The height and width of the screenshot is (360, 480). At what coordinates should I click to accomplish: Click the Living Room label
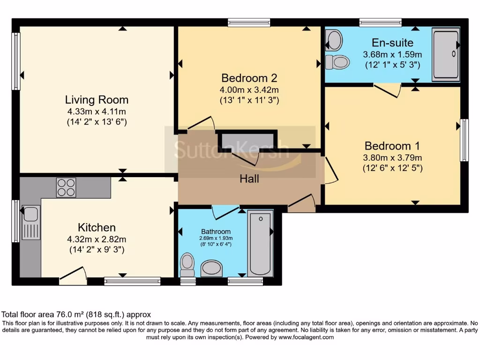[x=97, y=100]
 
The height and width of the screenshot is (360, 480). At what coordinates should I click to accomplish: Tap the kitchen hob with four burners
[x=66, y=187]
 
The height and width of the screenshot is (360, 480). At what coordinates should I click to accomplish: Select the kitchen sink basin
[x=30, y=213]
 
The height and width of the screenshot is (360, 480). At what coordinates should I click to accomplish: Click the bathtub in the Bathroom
[x=260, y=243]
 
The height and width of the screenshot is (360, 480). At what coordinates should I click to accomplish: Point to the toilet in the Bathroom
[x=187, y=265]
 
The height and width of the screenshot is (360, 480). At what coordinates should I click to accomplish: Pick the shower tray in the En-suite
[x=446, y=55]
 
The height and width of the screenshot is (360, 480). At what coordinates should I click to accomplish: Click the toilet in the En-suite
[x=337, y=62]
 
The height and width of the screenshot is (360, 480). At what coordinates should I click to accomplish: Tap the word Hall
[x=249, y=179]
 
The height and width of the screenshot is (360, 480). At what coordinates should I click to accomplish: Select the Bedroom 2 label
[x=249, y=78]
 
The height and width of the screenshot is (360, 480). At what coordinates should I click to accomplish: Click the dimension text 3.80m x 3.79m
[x=392, y=157]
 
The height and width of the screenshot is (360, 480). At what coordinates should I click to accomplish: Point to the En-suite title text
[x=392, y=43]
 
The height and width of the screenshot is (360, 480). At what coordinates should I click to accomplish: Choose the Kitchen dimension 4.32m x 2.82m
[x=97, y=239]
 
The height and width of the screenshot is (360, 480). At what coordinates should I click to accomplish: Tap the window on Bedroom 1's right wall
[x=465, y=140]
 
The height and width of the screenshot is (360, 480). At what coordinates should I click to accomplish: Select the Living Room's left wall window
[x=15, y=61]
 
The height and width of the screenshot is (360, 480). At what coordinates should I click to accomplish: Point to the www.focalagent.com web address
[x=306, y=337]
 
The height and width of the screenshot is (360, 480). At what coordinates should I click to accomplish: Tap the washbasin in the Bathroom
[x=211, y=268]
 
